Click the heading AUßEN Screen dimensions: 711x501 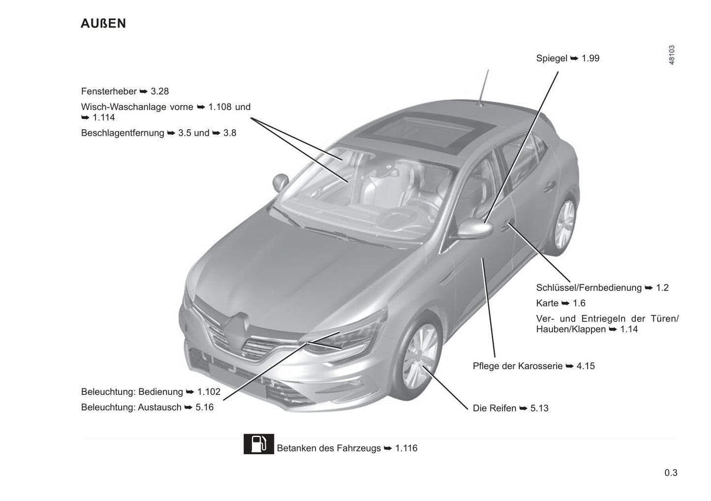coord(103,24)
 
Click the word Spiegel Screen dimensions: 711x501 coord(552,59)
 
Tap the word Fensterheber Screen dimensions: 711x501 coord(109,91)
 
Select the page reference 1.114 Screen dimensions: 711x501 coord(104,118)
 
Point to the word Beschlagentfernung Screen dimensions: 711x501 coord(123,133)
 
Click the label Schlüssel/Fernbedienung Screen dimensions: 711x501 coord(589,288)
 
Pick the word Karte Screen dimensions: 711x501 coord(547,303)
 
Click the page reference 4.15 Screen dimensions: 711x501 coord(586,366)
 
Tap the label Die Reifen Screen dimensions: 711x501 coord(495,408)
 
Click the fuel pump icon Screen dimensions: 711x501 coord(259,444)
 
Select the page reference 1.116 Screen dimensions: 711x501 coord(406,448)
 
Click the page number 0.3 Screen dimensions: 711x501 coord(671,473)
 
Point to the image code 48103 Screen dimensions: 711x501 coord(672,55)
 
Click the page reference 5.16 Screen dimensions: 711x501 coord(204,407)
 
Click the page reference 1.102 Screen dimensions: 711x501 coord(209,392)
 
